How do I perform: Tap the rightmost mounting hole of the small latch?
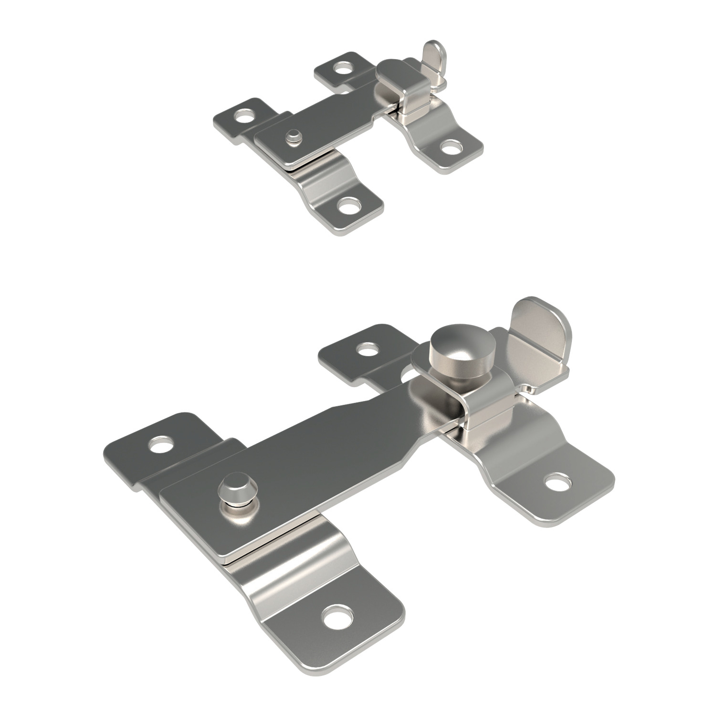pos(449,147)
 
